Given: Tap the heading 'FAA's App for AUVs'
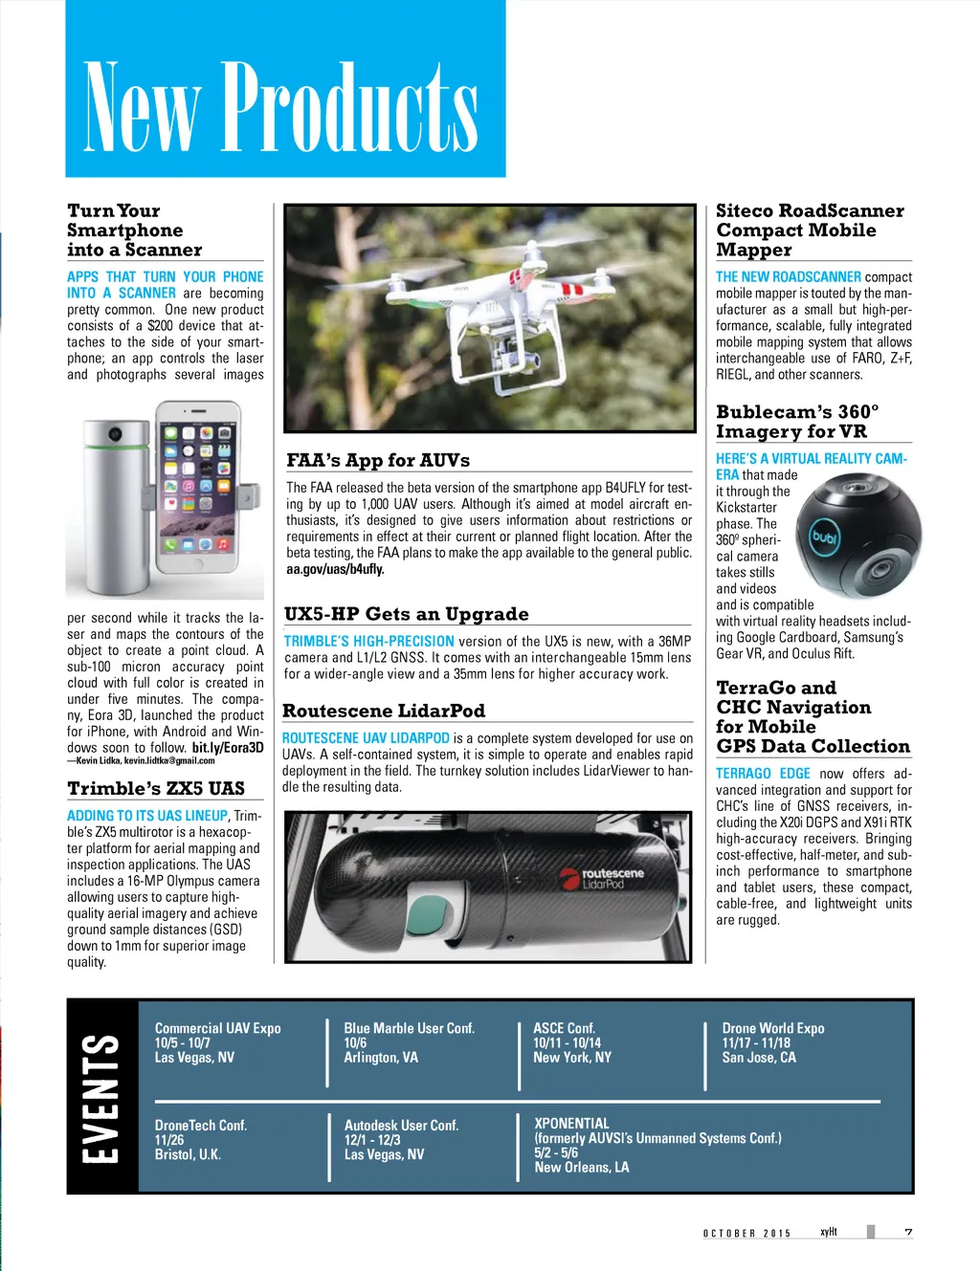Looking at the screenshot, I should pyautogui.click(x=378, y=460).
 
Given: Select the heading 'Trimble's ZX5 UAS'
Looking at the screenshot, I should pyautogui.click(x=156, y=788).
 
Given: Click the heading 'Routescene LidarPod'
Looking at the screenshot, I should pyautogui.click(x=384, y=711).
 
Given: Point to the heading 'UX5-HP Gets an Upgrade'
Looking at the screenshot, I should pyautogui.click(x=406, y=614).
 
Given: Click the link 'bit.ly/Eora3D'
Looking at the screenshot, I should pyautogui.click(x=228, y=747).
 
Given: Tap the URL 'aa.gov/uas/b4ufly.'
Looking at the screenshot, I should pyautogui.click(x=335, y=569).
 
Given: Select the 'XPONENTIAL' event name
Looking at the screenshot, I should pyautogui.click(x=571, y=1124).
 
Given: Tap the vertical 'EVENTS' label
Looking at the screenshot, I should pyautogui.click(x=101, y=1097).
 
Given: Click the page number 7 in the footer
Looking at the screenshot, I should pyautogui.click(x=908, y=1232).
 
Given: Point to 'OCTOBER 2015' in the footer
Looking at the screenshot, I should pyautogui.click(x=746, y=1233).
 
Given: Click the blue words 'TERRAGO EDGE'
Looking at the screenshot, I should pyautogui.click(x=763, y=773).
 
